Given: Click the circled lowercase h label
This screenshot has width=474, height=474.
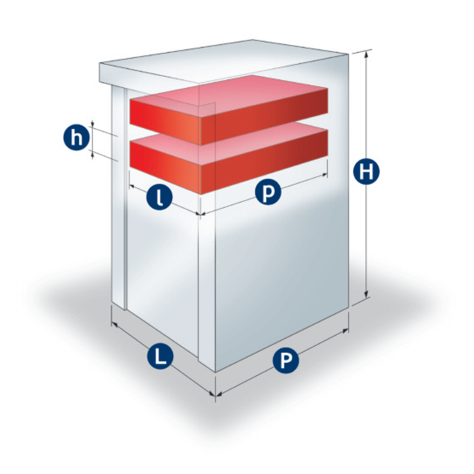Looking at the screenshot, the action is [x=76, y=138].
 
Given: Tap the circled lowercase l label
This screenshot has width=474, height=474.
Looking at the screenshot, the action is [x=159, y=198].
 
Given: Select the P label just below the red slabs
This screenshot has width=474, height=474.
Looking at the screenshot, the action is [x=268, y=192].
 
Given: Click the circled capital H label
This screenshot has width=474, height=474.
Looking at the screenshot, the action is [x=366, y=172].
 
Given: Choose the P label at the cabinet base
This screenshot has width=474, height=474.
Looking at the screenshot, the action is [x=286, y=360].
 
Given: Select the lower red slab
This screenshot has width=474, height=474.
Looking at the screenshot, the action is [x=229, y=159].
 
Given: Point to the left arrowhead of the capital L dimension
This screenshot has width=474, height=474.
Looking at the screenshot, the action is [x=114, y=324].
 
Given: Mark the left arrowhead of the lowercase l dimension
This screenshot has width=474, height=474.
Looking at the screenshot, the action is [x=132, y=186].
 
